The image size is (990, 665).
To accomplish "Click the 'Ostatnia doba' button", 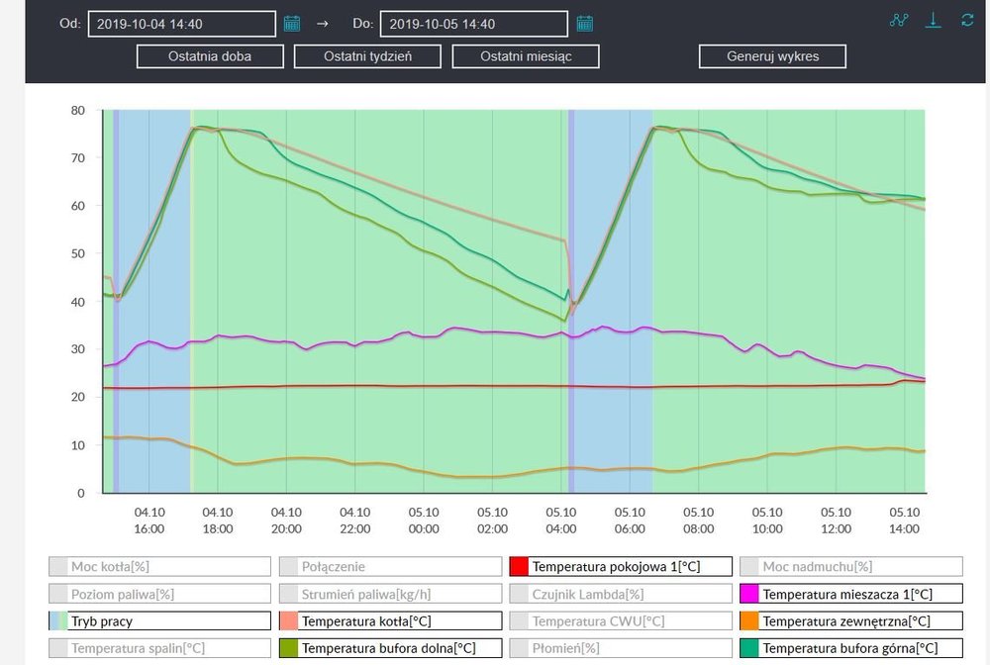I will [209, 56].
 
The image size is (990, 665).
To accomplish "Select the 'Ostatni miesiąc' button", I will [526, 56].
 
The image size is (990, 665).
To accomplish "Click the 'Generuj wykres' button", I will [772, 56].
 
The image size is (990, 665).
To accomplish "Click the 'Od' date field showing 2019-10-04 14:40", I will [181, 24].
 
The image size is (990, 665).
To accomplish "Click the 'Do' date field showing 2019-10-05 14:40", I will [473, 24].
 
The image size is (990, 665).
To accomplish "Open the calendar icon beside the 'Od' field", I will [292, 24].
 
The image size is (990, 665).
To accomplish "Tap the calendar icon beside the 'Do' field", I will [585, 24].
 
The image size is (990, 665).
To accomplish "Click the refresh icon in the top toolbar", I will [967, 20].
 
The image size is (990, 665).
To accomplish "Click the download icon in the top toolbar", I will [933, 20].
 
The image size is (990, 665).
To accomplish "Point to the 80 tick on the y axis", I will [78, 110].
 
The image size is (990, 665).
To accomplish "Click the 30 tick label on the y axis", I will [78, 349].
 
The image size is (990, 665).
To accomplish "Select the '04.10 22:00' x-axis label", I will [354, 521].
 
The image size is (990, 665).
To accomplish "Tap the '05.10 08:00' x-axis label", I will [699, 521].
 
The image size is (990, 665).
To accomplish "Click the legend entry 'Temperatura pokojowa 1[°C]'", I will [621, 567].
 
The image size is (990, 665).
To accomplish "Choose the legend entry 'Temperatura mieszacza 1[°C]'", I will [850, 595].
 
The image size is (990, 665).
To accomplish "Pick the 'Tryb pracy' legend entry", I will [159, 621].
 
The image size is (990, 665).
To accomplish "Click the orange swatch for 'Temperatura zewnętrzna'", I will [750, 621].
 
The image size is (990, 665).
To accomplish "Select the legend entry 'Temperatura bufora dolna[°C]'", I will [389, 648].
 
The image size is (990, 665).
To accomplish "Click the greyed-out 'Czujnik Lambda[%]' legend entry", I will [621, 595].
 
